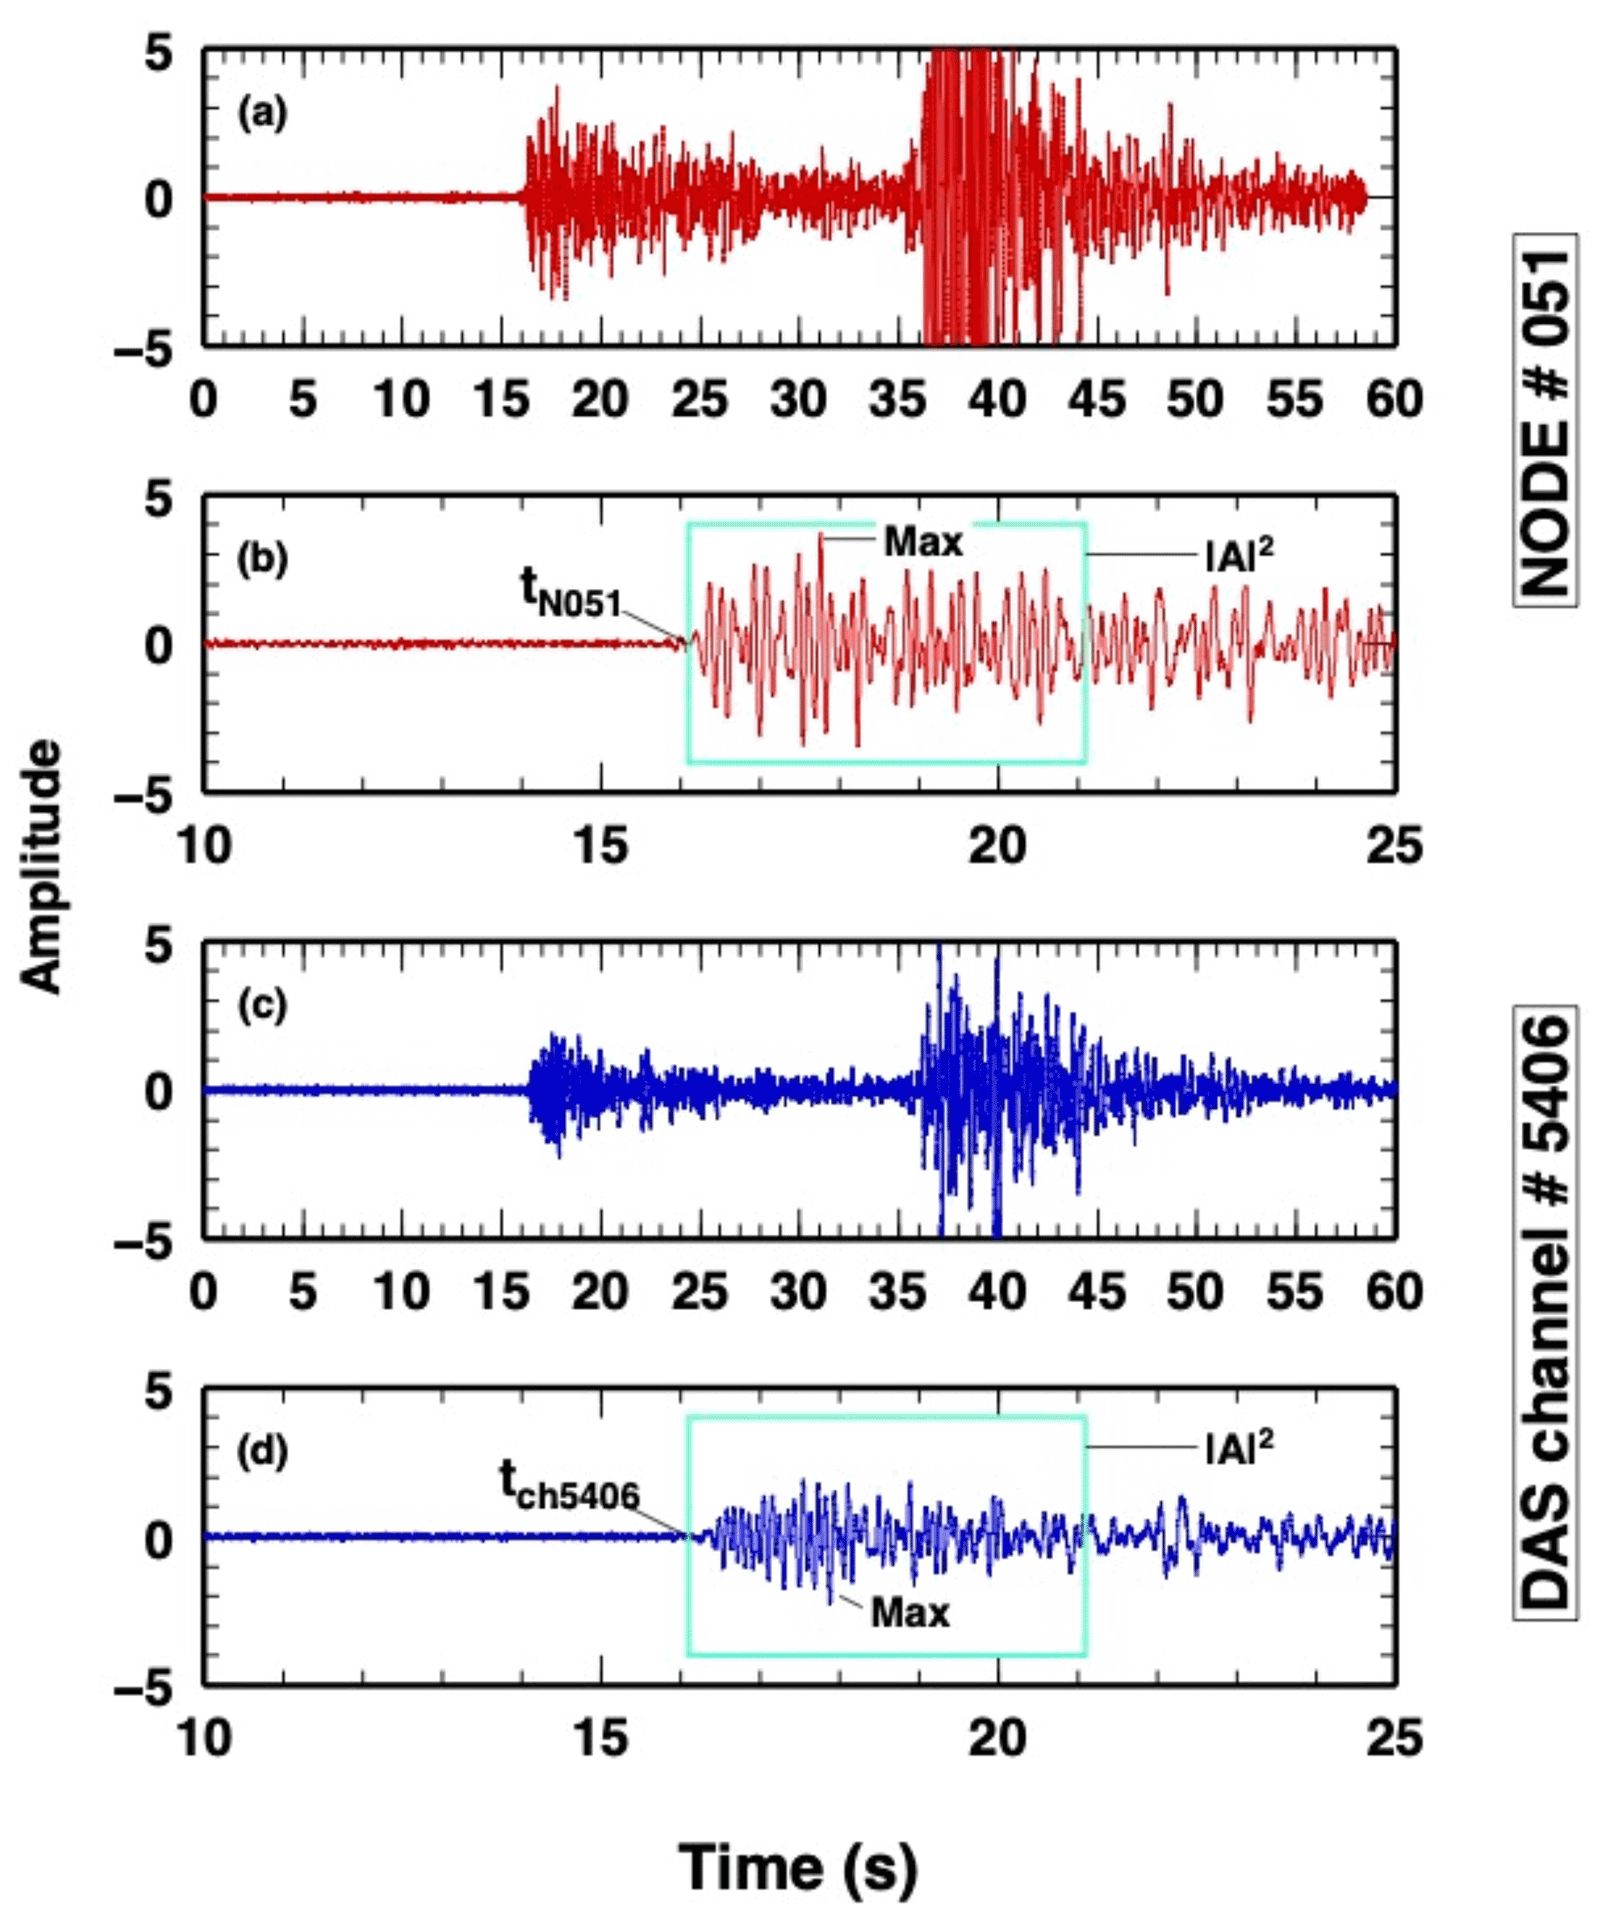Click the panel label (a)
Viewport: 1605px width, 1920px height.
(262, 115)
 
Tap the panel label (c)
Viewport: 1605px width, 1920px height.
(262, 1006)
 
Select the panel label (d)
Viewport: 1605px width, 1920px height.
(262, 1452)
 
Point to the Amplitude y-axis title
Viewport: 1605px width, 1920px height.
(41, 867)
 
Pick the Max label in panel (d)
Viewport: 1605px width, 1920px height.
(910, 1613)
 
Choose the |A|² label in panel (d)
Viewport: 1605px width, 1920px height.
(1239, 1447)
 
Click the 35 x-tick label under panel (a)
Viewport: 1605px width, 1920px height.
(898, 400)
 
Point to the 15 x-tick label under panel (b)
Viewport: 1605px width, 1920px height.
(601, 846)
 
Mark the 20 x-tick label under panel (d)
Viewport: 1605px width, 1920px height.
(998, 1737)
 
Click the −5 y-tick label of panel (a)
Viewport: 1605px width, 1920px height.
(144, 350)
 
